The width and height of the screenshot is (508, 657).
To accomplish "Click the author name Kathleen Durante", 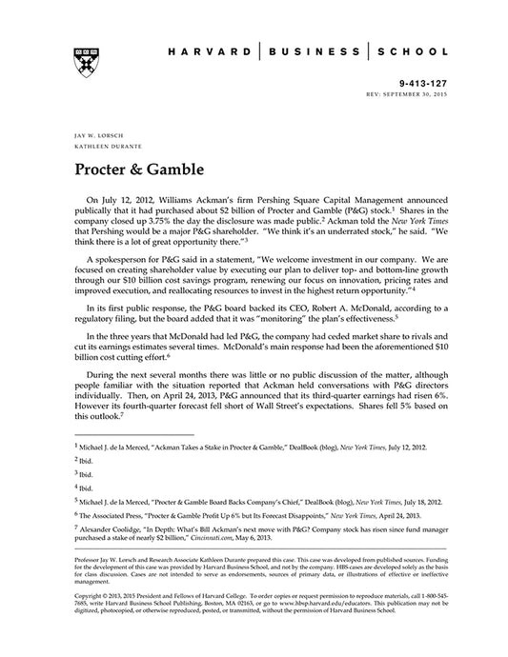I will click(x=101, y=148).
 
